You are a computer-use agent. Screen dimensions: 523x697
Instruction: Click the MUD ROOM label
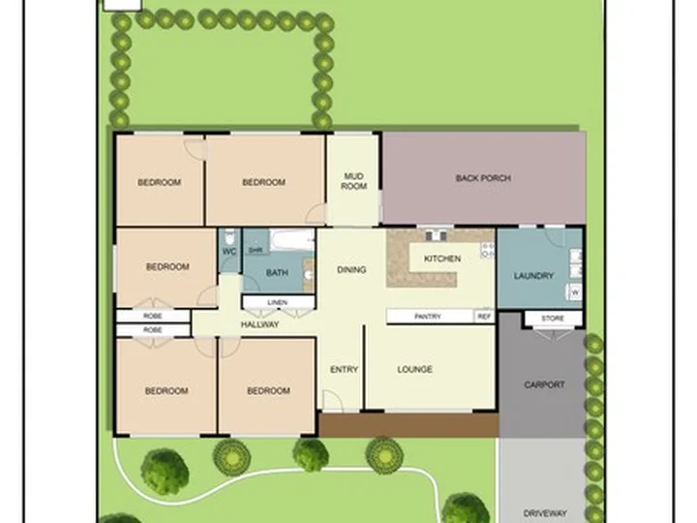(354, 180)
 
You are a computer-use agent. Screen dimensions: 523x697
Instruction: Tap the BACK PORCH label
(483, 178)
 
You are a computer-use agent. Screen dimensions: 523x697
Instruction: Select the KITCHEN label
(442, 259)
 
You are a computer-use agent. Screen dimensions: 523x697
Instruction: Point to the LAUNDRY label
(534, 276)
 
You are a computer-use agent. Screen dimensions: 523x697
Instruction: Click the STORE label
(553, 318)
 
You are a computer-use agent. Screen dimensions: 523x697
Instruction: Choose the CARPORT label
(544, 385)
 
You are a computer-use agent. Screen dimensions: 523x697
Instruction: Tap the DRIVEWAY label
(544, 513)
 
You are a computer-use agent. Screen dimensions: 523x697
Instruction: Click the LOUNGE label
(414, 369)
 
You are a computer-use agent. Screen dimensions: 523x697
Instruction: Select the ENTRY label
(344, 369)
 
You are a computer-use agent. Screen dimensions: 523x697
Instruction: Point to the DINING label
(351, 270)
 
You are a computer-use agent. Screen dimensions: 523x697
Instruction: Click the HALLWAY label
(259, 324)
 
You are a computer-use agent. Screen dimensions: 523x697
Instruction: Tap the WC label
(229, 252)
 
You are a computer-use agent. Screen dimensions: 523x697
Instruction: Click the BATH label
(277, 273)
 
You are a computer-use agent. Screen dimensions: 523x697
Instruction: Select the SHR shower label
(256, 250)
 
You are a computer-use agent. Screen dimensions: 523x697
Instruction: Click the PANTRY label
(428, 317)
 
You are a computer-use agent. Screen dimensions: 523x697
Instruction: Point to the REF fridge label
(484, 317)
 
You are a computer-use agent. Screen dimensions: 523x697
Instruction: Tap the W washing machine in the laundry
(574, 291)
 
